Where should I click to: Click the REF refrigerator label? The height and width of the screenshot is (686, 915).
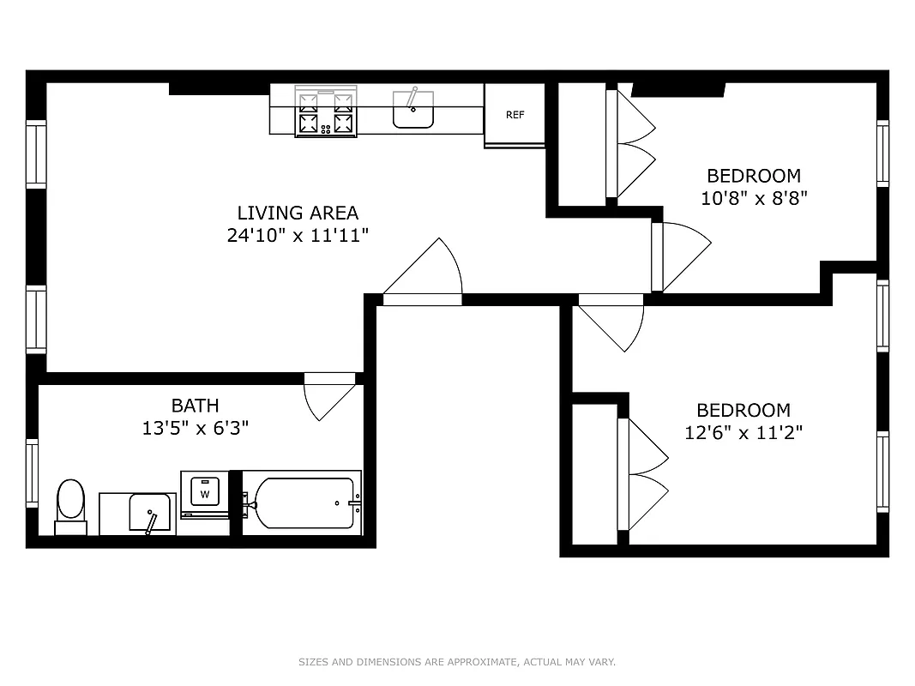(515, 115)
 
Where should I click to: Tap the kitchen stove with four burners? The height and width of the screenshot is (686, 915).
(326, 111)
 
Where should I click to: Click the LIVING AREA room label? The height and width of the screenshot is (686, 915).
(298, 213)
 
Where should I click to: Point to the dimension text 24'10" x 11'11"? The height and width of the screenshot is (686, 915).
(298, 235)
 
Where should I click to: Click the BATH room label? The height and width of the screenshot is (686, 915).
(195, 406)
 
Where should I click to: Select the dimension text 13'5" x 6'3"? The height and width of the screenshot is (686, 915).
(195, 428)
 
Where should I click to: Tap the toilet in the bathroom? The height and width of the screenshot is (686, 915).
(70, 505)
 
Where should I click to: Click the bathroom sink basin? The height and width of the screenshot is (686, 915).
(149, 512)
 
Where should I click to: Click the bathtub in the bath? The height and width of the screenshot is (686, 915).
(301, 503)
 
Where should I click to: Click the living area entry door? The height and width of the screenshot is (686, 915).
(424, 273)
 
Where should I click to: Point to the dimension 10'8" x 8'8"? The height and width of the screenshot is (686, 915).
(754, 198)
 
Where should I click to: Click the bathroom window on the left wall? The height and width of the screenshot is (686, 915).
(33, 472)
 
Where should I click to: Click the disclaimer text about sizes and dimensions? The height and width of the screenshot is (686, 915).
(457, 662)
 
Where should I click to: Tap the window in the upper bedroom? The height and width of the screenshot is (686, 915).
(882, 153)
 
